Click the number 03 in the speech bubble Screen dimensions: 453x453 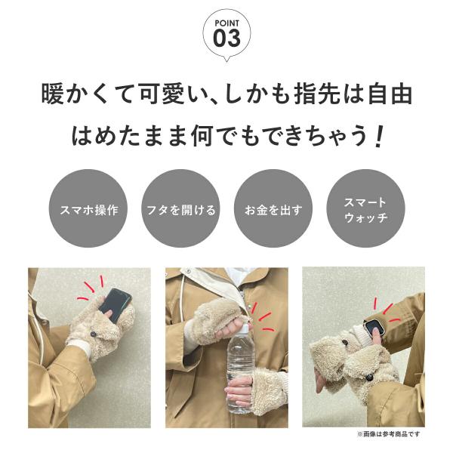click(226, 39)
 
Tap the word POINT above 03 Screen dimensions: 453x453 click(226, 23)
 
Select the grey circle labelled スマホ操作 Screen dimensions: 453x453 click(88, 208)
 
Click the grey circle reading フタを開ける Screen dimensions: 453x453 click(181, 208)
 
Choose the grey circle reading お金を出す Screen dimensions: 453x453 click(273, 208)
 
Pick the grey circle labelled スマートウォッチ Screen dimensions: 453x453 click(365, 208)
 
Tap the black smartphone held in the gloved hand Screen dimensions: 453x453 click(115, 304)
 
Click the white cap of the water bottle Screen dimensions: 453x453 click(245, 328)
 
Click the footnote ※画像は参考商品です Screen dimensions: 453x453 click(389, 434)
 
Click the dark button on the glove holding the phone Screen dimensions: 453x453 click(93, 334)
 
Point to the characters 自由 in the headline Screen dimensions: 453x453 click(390, 94)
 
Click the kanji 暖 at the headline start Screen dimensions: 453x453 click(52, 94)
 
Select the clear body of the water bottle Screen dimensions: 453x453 click(239, 373)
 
